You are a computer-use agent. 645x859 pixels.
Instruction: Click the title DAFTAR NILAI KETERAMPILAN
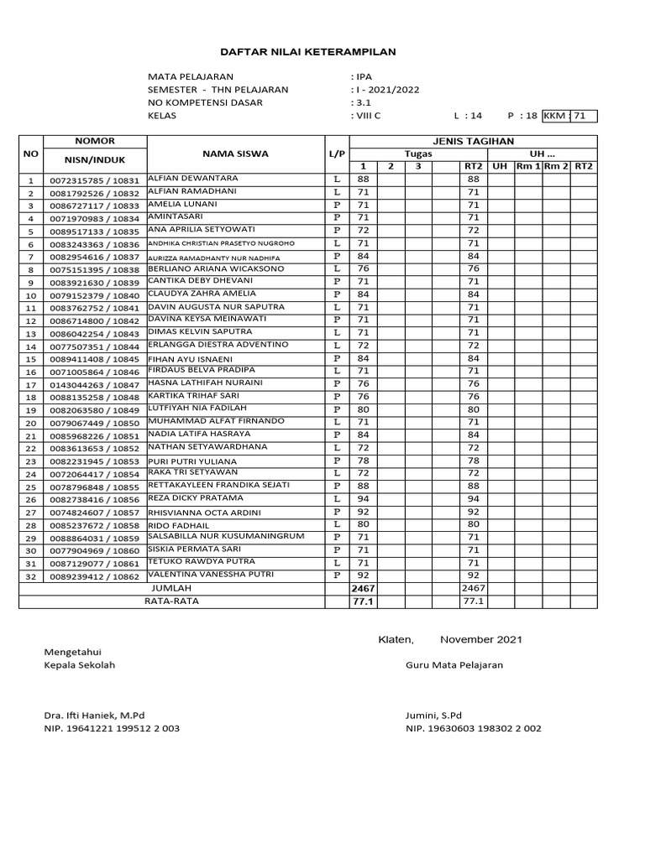pos(308,52)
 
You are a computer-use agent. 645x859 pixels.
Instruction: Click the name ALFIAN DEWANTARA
pos(192,179)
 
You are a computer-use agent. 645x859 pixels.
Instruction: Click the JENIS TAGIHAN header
pos(473,141)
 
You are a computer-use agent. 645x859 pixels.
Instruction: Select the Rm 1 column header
pos(528,166)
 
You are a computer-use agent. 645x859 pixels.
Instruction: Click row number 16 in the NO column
pos(31,372)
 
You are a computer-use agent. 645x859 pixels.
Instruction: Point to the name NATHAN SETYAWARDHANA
pos(207,447)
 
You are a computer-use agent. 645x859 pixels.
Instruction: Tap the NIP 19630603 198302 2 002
pos(474,729)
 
